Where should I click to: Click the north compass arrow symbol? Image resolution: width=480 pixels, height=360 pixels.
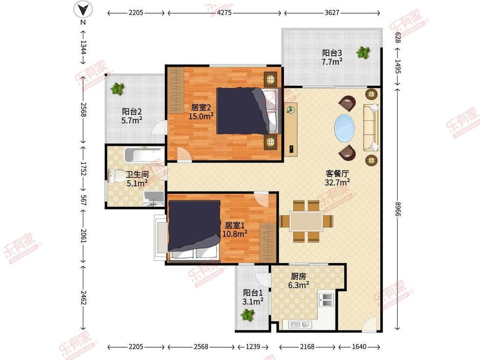tap(83, 9)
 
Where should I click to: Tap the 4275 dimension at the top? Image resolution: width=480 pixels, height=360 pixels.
tap(224, 13)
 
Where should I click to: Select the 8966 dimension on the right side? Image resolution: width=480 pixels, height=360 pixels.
tap(397, 209)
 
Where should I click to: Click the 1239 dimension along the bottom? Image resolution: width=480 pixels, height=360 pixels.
tap(253, 346)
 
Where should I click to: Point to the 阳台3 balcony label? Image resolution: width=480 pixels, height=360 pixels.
tap(332, 53)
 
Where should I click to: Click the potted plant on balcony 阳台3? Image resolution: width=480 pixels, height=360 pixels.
tap(364, 52)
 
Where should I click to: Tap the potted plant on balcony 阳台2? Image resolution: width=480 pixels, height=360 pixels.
tap(118, 89)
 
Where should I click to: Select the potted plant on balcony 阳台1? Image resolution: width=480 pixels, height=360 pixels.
tap(247, 315)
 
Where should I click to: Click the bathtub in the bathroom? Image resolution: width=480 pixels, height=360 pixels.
tap(144, 154)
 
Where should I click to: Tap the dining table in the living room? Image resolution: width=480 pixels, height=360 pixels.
tap(306, 221)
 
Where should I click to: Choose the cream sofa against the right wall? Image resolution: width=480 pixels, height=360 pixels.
tap(371, 128)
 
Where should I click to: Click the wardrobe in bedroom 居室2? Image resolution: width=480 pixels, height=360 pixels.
tap(177, 90)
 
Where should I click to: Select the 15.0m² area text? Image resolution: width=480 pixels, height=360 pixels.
tap(201, 116)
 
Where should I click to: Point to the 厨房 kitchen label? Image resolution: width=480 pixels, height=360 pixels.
tap(299, 276)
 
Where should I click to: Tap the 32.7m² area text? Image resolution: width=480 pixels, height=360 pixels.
tap(337, 183)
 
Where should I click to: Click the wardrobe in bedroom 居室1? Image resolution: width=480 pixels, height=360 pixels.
tap(268, 243)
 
